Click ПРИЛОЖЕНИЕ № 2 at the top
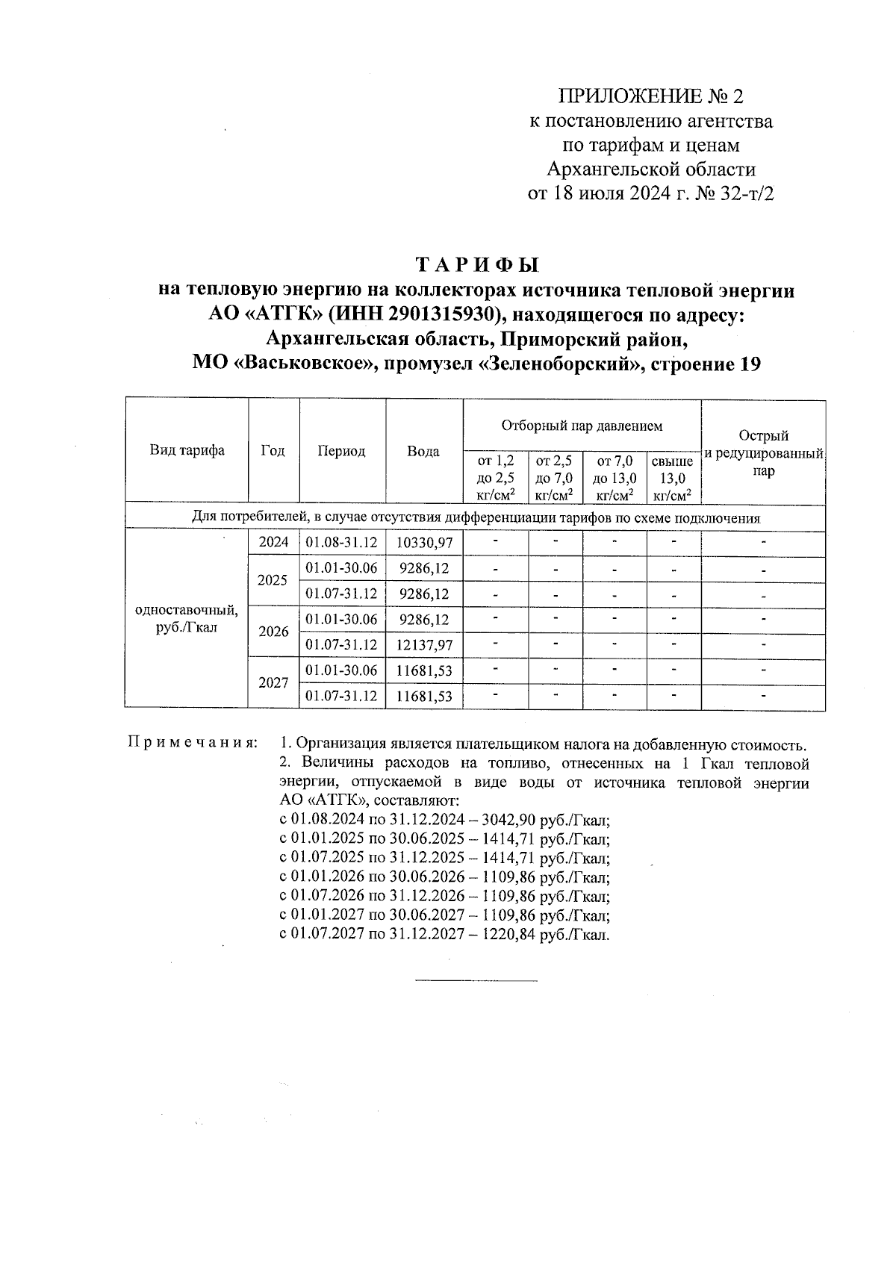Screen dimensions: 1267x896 pos(651,96)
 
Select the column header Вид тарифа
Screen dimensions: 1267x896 pos(187,450)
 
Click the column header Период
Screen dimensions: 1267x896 pos(342,451)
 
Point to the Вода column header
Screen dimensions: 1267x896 pos(423,451)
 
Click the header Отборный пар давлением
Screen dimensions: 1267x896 pos(582,426)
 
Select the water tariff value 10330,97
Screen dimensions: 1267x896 pos(424,543)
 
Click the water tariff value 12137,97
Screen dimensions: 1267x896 pos(424,645)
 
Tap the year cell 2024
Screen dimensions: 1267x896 pos(273,543)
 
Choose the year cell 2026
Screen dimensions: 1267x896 pos(273,632)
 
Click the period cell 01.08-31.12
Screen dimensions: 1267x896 pos(342,543)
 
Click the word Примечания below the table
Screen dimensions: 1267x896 pos(193,744)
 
